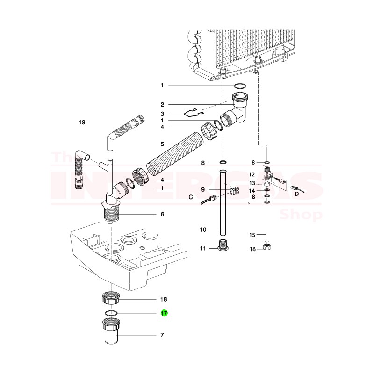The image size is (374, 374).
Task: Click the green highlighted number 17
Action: [x=164, y=314]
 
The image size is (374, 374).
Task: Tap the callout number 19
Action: [x=82, y=122]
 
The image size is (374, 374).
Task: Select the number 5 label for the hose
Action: [x=162, y=144]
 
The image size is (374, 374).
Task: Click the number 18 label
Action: [x=164, y=299]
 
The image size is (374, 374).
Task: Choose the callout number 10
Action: [x=203, y=230]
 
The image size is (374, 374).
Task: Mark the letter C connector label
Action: [x=190, y=197]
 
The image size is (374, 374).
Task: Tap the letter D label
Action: [x=297, y=194]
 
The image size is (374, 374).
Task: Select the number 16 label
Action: [x=252, y=249]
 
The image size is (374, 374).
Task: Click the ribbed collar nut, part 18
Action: [x=111, y=297]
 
